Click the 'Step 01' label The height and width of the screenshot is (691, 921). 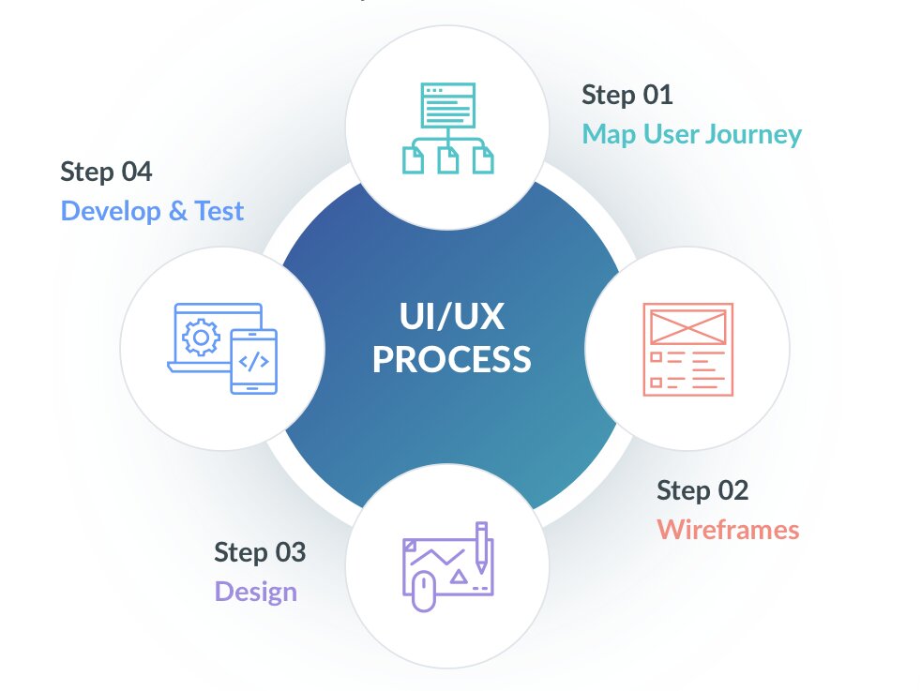point(627,95)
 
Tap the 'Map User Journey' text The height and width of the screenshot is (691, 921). point(691,134)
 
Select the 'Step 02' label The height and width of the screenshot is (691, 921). point(702,490)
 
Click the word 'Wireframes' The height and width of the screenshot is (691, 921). point(728,530)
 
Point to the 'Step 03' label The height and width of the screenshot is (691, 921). point(259,552)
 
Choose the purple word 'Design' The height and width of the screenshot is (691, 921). point(255,592)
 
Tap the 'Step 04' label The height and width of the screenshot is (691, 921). point(106,172)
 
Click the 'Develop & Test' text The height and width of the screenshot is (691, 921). point(152,211)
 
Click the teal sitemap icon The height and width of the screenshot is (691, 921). point(447,128)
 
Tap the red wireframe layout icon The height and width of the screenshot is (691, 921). point(687,349)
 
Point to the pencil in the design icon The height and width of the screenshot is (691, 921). point(481,548)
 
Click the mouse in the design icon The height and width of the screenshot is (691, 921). point(423,593)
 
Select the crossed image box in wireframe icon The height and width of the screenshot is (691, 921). point(687,325)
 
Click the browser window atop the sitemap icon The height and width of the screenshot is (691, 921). point(447,105)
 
